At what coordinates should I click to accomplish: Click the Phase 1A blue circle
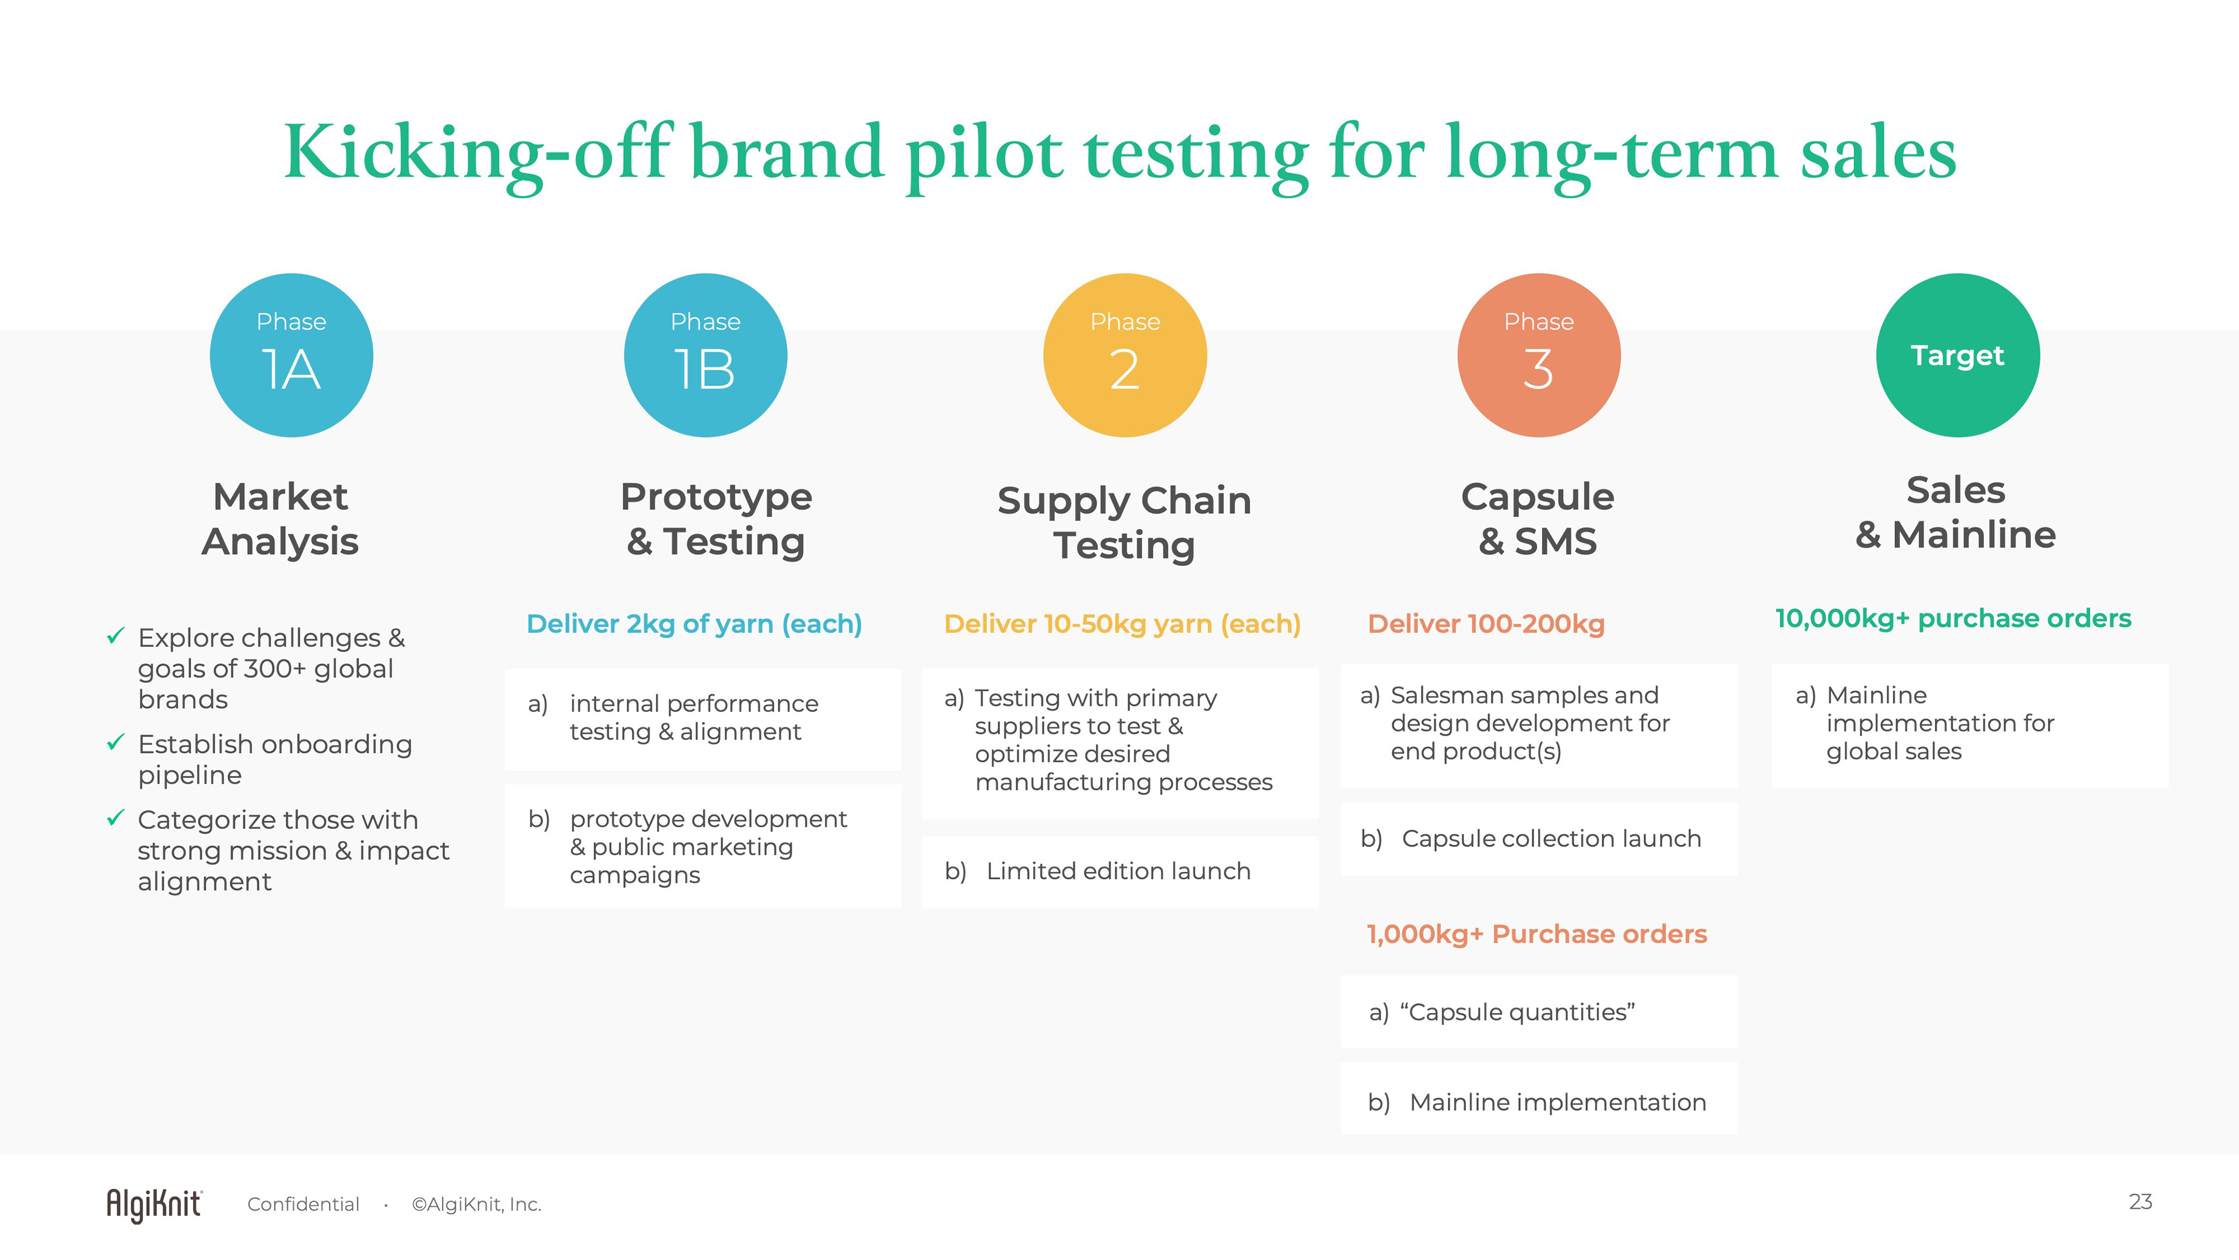point(291,355)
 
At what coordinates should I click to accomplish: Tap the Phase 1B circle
point(706,355)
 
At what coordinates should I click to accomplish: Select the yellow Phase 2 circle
point(1125,355)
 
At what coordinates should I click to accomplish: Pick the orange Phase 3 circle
point(1539,355)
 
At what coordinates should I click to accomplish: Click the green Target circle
point(1957,355)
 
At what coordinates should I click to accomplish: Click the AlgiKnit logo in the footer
point(155,1205)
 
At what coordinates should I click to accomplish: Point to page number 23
point(2140,1202)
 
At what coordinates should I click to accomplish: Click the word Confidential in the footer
point(303,1205)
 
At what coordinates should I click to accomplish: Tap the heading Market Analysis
point(280,519)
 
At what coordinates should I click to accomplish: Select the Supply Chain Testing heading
point(1125,523)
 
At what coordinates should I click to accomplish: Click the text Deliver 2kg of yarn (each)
point(694,624)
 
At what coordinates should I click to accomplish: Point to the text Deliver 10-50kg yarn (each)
point(1122,624)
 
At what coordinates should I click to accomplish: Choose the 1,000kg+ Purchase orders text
point(1537,934)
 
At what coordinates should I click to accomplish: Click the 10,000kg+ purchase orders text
point(1953,618)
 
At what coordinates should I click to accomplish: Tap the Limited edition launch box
point(1120,871)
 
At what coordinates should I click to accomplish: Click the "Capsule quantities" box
point(1539,1012)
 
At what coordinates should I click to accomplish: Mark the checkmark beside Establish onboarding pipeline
point(115,743)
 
